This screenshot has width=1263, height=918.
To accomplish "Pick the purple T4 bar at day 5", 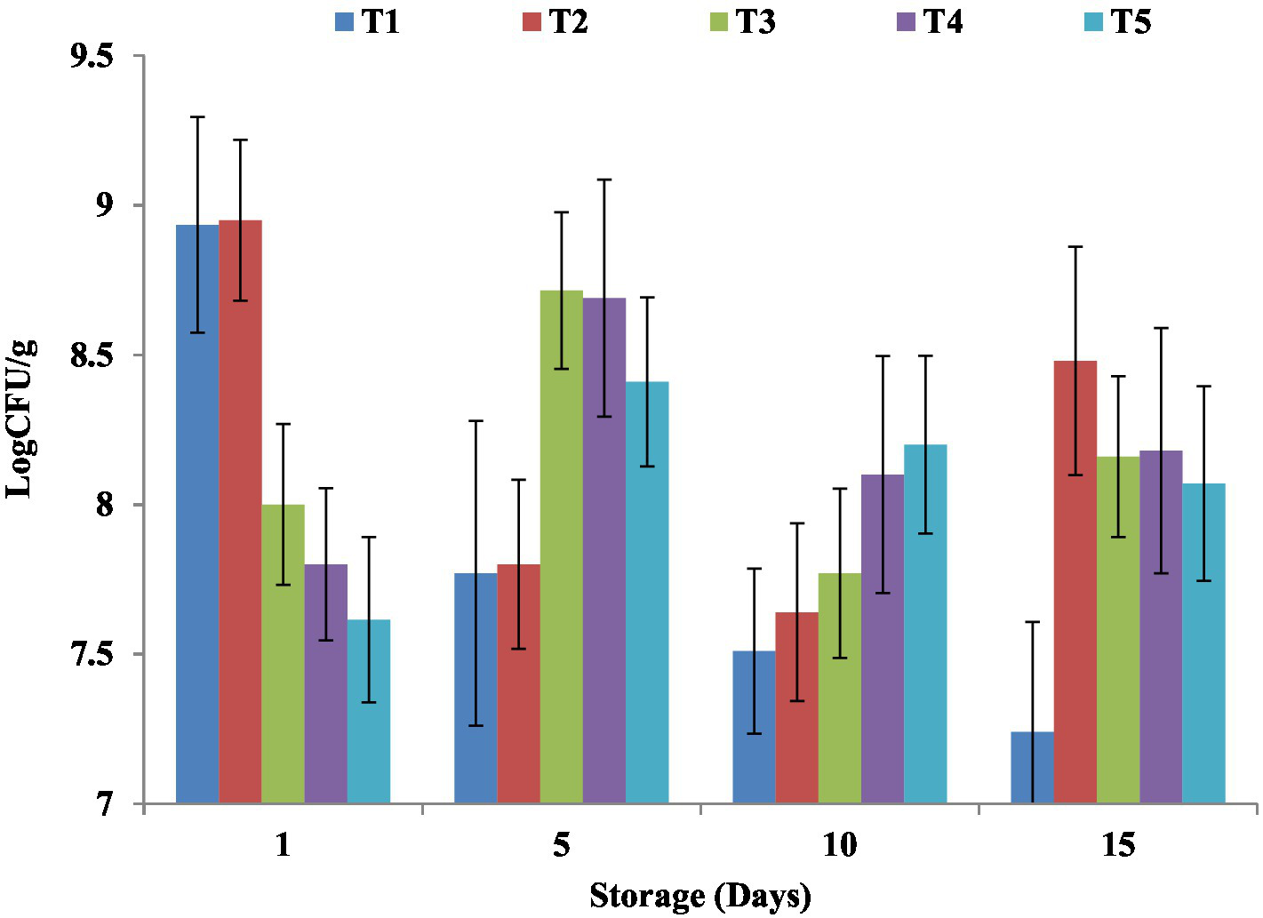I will tap(604, 551).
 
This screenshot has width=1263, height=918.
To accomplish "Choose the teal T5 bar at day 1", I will tap(369, 711).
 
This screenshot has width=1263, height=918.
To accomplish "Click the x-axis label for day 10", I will tap(839, 845).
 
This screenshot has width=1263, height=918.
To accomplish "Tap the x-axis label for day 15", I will tap(1118, 845).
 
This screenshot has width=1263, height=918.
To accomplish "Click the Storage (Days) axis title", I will tap(700, 896).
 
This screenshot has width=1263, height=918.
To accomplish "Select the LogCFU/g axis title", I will tap(20, 418).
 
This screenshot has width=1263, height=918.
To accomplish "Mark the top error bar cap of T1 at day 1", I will tap(197, 117).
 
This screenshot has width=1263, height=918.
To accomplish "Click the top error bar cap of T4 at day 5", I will tap(604, 180).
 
